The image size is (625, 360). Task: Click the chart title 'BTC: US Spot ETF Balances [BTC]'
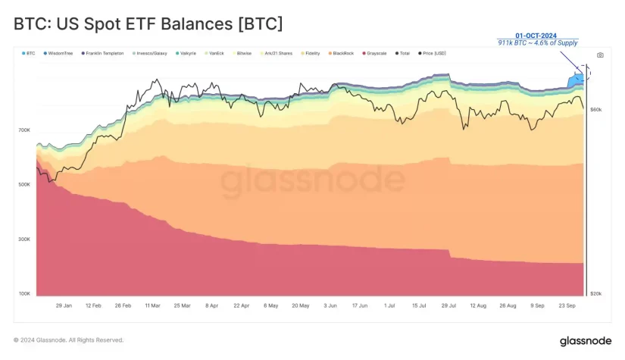click(x=148, y=24)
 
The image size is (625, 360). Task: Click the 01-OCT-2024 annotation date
click(x=537, y=36)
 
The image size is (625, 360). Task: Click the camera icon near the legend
click(x=600, y=55)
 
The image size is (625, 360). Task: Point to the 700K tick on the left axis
click(x=24, y=130)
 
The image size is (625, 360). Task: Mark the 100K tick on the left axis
click(x=24, y=293)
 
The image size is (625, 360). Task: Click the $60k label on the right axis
click(x=595, y=110)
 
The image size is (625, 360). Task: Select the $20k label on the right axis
click(x=595, y=293)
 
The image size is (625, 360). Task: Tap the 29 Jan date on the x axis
click(x=64, y=305)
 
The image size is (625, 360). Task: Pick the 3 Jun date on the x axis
click(x=330, y=305)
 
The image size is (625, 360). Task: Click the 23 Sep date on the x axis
click(x=567, y=305)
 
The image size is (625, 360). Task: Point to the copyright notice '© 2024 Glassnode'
click(x=68, y=340)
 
